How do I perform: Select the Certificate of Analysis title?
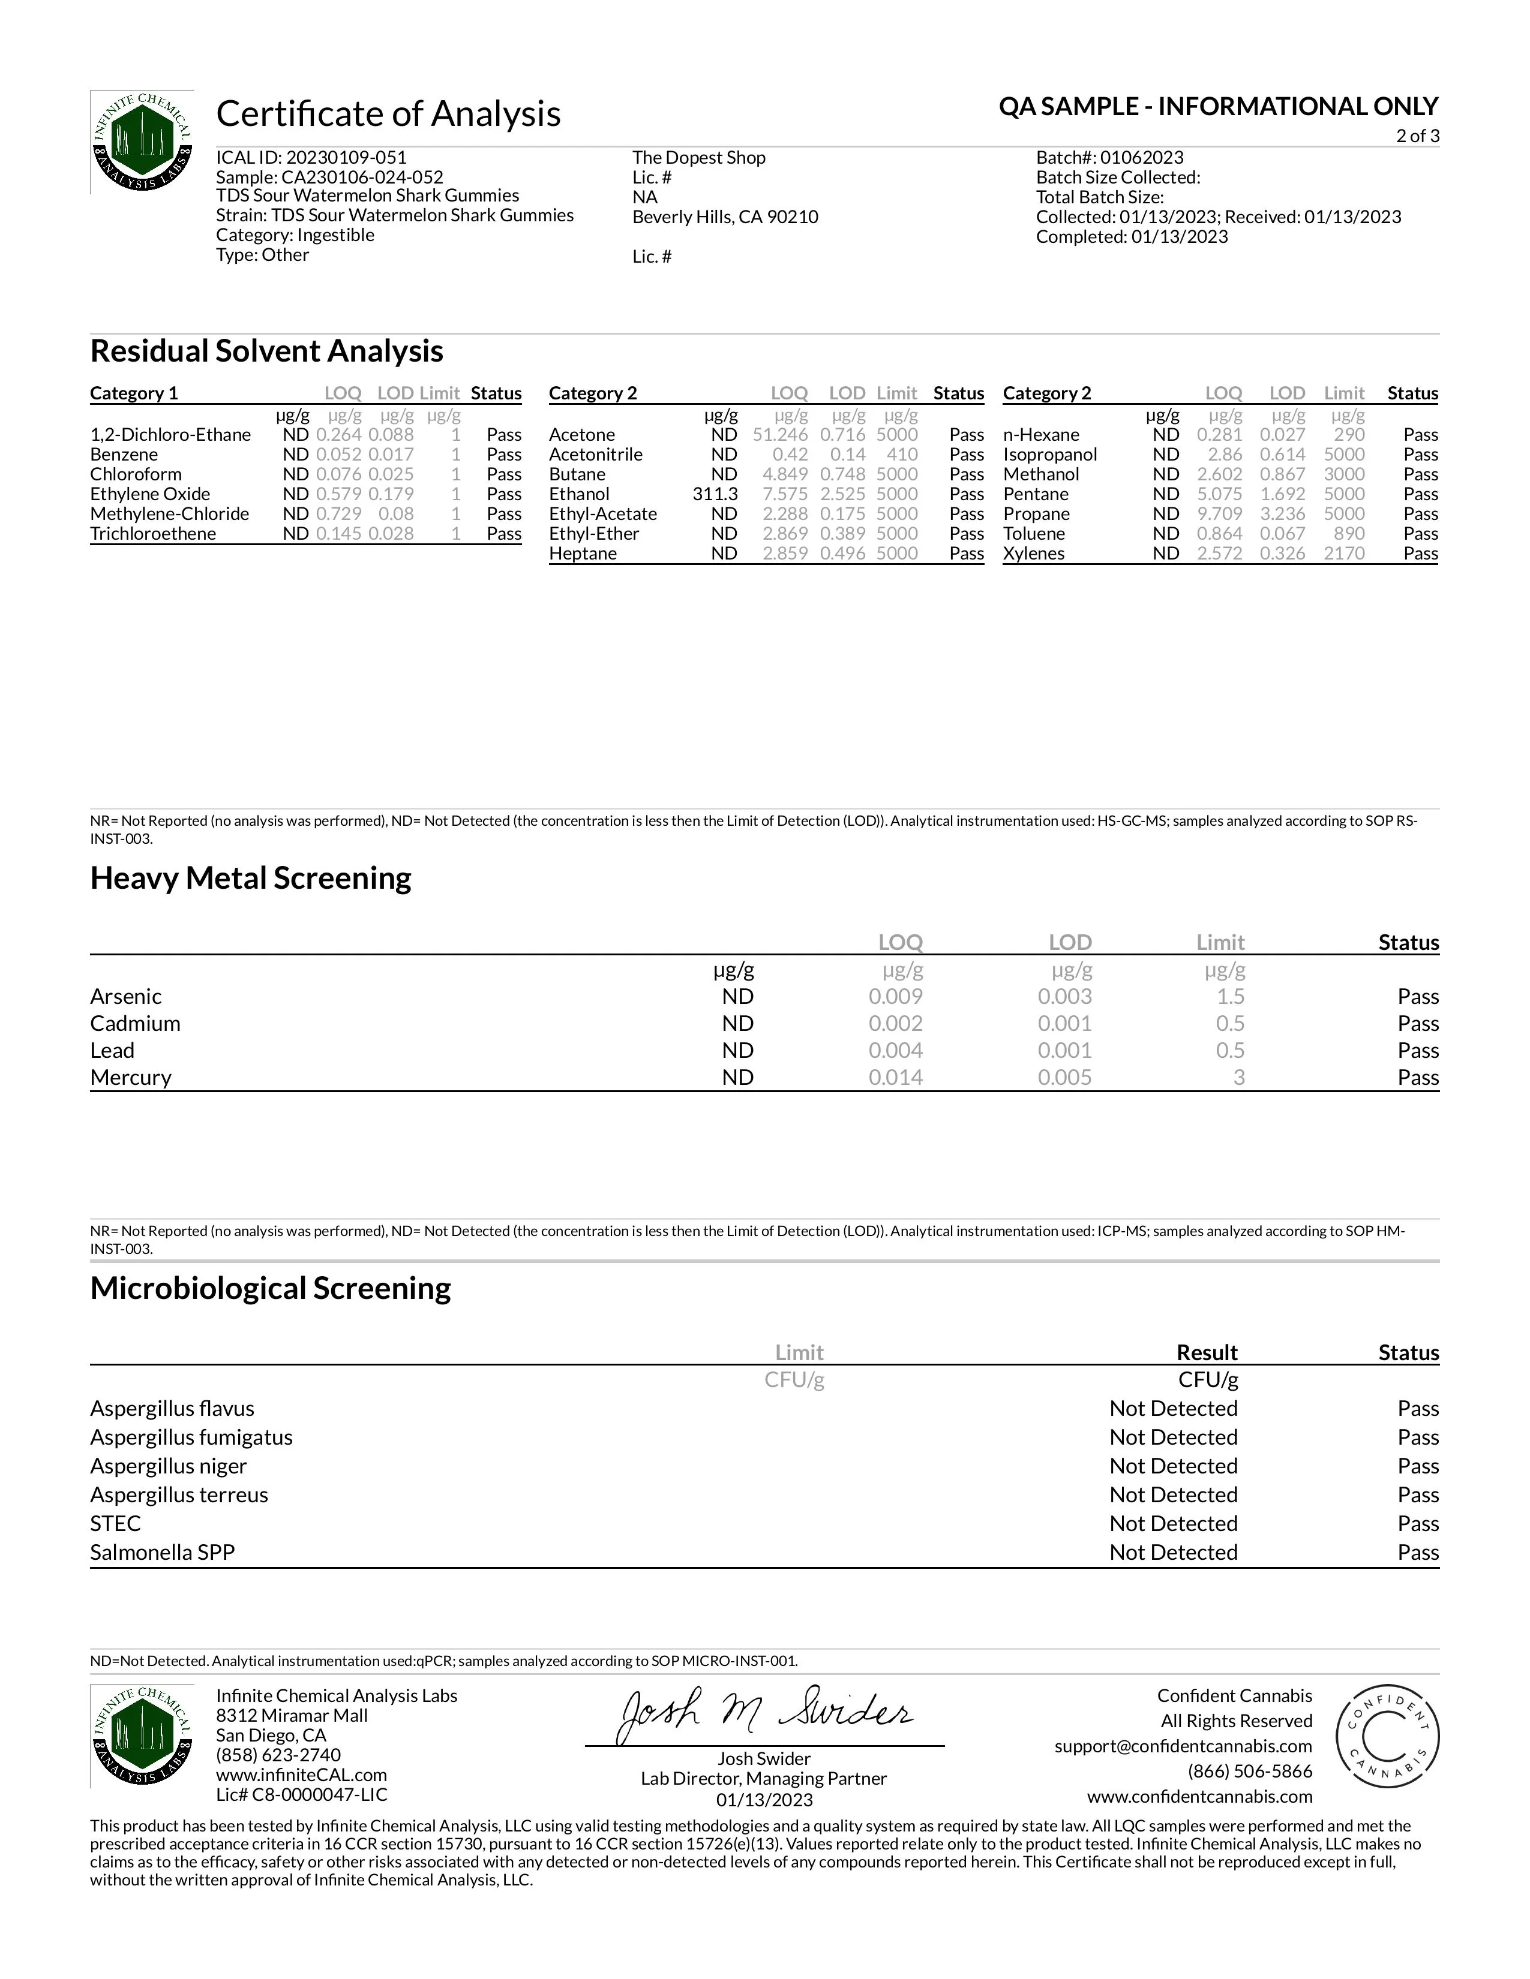pyautogui.click(x=388, y=114)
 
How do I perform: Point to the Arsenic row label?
pyautogui.click(x=126, y=997)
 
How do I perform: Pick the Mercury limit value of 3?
pyautogui.click(x=1238, y=1078)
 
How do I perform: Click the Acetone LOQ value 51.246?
pyautogui.click(x=781, y=435)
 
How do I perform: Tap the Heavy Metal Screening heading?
pyautogui.click(x=250, y=878)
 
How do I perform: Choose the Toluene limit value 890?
pyautogui.click(x=1349, y=534)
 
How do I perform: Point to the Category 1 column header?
pyautogui.click(x=134, y=393)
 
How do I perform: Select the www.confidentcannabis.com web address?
pyautogui.click(x=1199, y=1796)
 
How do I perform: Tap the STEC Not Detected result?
pyautogui.click(x=1173, y=1523)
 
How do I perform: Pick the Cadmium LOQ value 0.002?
pyautogui.click(x=896, y=1024)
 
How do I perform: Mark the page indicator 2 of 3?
pyautogui.click(x=1418, y=136)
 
